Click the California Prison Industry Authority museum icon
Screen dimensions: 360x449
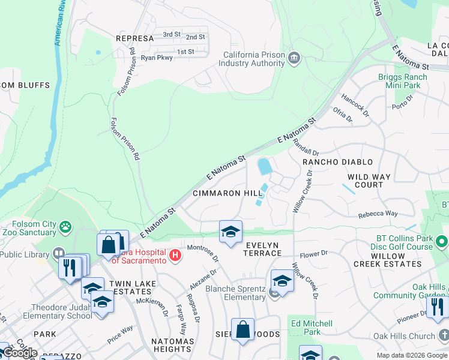pyautogui.click(x=294, y=58)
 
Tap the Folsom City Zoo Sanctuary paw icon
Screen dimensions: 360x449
pyautogui.click(x=65, y=227)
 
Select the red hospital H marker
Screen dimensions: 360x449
pyautogui.click(x=175, y=256)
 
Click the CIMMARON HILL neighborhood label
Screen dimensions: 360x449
pyautogui.click(x=228, y=194)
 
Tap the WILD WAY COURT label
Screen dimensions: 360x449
pyautogui.click(x=369, y=181)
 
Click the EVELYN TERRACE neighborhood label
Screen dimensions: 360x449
pyautogui.click(x=262, y=249)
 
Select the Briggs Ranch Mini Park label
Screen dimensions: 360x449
pyautogui.click(x=403, y=81)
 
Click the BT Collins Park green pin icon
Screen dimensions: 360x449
pyautogui.click(x=442, y=242)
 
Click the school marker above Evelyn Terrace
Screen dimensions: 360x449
pyautogui.click(x=231, y=232)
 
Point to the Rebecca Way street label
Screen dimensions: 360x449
pyautogui.click(x=378, y=214)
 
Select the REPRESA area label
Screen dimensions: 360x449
pyautogui.click(x=135, y=38)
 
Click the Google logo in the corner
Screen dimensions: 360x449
pyautogui.click(x=20, y=353)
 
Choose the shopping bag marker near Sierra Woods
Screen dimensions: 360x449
pyautogui.click(x=243, y=329)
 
